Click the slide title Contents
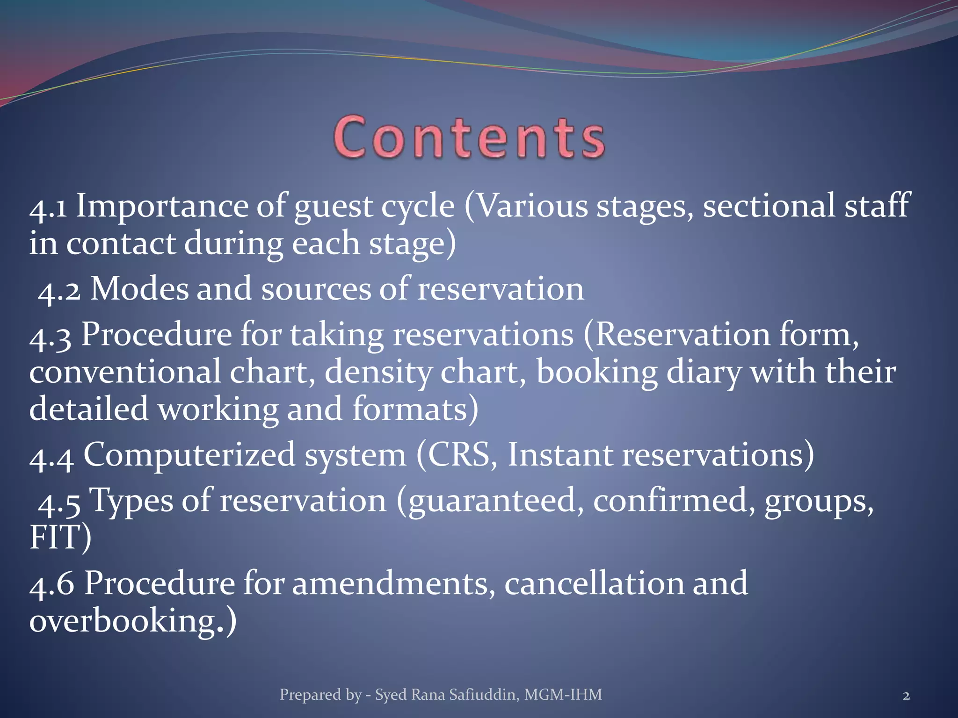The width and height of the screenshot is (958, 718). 469,138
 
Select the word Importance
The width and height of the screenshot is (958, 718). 161,207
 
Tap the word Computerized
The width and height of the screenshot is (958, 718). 189,455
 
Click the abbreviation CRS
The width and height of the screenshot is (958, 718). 458,455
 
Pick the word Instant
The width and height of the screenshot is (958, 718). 560,455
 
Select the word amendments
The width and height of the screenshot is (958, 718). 393,585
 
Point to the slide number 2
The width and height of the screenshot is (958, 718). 906,696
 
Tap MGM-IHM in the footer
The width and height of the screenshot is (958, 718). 563,695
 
